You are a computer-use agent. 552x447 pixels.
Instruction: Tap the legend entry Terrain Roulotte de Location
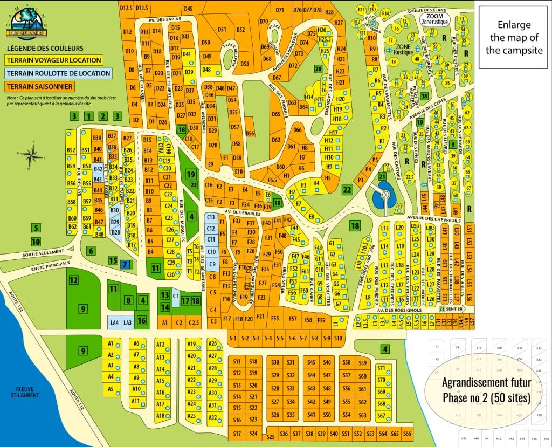pyautogui.click(x=58, y=73)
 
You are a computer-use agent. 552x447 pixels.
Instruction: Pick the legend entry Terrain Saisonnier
pyautogui.click(x=40, y=86)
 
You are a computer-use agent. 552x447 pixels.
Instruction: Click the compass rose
pyautogui.click(x=33, y=155)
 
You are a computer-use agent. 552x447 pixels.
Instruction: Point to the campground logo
pyautogui.click(x=23, y=26)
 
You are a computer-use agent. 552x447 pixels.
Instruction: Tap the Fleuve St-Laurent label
pyautogui.click(x=20, y=391)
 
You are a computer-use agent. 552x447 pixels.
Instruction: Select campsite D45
pyautogui.click(x=188, y=9)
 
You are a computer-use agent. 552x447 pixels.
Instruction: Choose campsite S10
pyautogui.click(x=338, y=338)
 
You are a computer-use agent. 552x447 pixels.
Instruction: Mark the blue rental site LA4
pyautogui.click(x=114, y=322)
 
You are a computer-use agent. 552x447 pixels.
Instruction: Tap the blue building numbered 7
pyautogui.click(x=125, y=264)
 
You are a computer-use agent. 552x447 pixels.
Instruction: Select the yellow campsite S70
pyautogui.click(x=382, y=380)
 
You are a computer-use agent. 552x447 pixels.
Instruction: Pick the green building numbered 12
pyautogui.click(x=73, y=280)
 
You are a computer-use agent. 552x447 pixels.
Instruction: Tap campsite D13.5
pyautogui.click(x=142, y=8)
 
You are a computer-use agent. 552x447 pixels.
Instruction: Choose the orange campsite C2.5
pyautogui.click(x=193, y=322)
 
